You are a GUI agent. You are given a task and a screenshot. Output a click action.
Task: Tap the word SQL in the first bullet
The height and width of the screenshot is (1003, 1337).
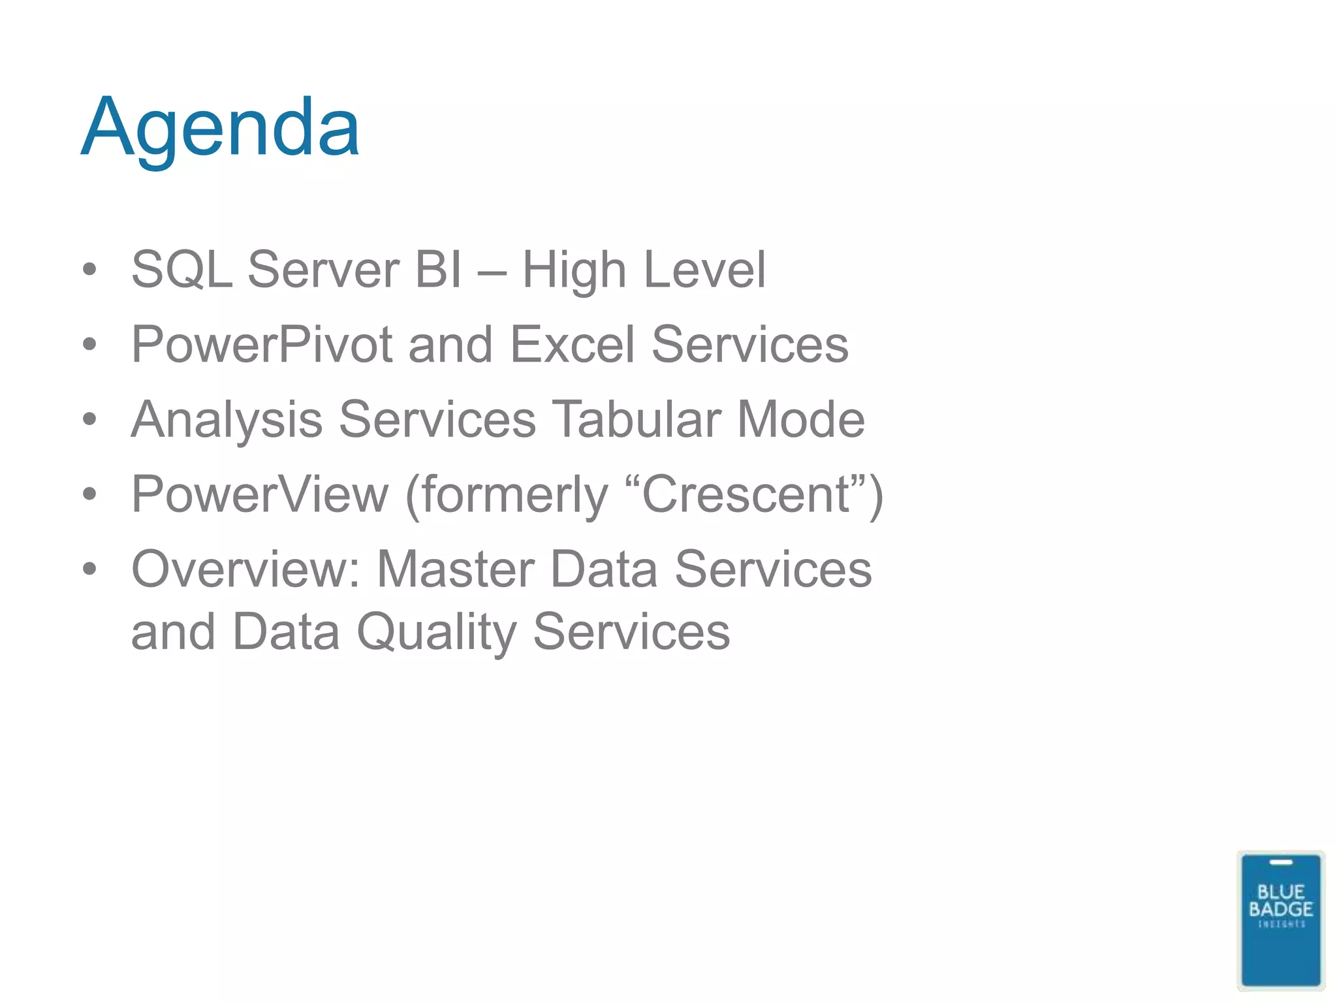pyautogui.click(x=181, y=269)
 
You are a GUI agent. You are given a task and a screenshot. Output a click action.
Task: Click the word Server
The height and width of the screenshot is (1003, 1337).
pyautogui.click(x=323, y=269)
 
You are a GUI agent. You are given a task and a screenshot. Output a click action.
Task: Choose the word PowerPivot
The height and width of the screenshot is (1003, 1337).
pyautogui.click(x=262, y=344)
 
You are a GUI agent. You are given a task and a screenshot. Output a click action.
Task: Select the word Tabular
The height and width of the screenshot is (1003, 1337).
pyautogui.click(x=637, y=419)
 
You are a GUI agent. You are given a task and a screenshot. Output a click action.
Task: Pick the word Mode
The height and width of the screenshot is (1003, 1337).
pyautogui.click(x=800, y=419)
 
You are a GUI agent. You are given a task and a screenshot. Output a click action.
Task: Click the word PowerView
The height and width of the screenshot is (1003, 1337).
pyautogui.click(x=260, y=494)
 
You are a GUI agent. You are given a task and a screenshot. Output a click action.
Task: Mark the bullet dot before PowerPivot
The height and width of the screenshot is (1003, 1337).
pyautogui.click(x=89, y=344)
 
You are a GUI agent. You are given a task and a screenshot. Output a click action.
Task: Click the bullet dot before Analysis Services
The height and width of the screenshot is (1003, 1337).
pyautogui.click(x=89, y=419)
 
